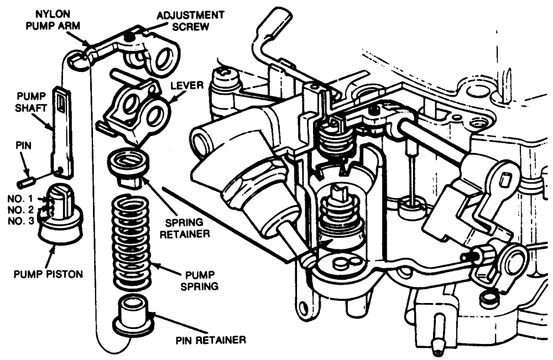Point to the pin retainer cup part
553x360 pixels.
click(x=134, y=316)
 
